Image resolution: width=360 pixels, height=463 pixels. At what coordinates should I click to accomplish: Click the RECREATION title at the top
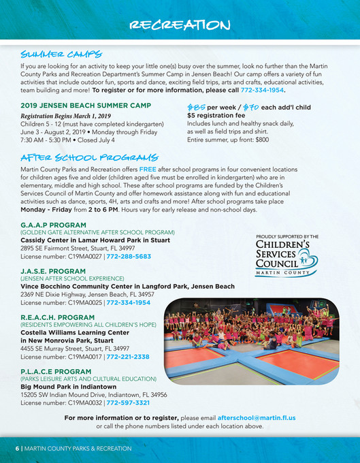(x=180, y=25)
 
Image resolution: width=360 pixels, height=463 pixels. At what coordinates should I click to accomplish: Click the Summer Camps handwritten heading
(x=62, y=54)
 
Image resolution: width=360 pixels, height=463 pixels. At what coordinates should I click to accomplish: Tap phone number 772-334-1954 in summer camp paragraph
(x=263, y=90)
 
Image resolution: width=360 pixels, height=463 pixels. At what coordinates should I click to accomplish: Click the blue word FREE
(x=149, y=168)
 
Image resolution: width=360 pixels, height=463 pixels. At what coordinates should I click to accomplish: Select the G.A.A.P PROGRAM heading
(x=53, y=225)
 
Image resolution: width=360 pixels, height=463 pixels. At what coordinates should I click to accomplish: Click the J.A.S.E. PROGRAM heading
(x=52, y=270)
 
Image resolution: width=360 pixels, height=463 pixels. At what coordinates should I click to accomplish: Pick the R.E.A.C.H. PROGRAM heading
(x=56, y=316)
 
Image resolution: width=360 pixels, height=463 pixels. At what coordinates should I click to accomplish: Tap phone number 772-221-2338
(x=127, y=355)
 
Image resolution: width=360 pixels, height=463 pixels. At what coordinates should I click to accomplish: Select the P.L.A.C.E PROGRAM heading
(x=55, y=371)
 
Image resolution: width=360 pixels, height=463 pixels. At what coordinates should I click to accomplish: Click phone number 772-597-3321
(x=128, y=402)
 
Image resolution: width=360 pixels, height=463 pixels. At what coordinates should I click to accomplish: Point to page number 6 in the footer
(x=18, y=449)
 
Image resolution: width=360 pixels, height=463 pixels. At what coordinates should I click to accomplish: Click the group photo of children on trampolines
(x=251, y=337)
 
